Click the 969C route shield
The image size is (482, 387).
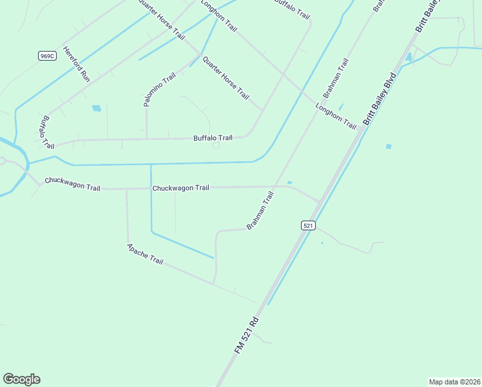click(46, 56)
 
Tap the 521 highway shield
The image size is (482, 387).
click(308, 225)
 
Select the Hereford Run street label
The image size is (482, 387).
click(76, 64)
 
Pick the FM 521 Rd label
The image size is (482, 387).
click(247, 334)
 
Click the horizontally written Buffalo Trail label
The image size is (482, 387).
click(213, 138)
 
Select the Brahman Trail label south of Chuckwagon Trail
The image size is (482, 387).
click(260, 210)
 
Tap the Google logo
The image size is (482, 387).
click(21, 379)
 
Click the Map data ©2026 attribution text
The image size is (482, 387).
click(454, 382)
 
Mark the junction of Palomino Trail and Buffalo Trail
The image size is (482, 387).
click(147, 139)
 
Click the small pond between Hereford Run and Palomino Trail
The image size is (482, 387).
click(97, 108)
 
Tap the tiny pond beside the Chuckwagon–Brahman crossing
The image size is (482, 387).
click(289, 183)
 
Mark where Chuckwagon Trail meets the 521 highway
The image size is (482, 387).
click(319, 201)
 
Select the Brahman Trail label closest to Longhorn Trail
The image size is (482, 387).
click(336, 78)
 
